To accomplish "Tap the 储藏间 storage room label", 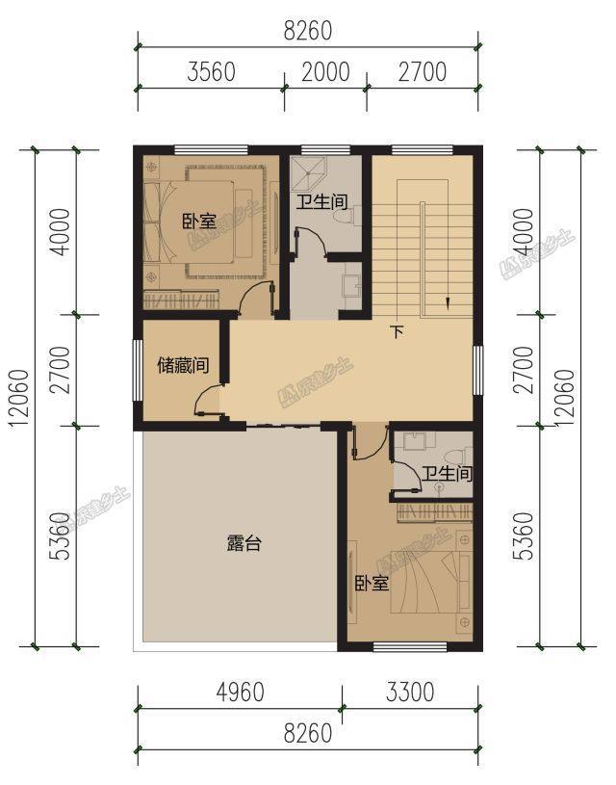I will (x=183, y=365).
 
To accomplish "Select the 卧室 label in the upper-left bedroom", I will (x=198, y=221).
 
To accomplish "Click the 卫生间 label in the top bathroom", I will (x=321, y=202).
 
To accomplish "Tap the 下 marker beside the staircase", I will (x=396, y=332).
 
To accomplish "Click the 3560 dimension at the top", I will (x=211, y=72).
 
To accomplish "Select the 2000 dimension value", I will (x=324, y=72).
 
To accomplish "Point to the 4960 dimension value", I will (x=238, y=692).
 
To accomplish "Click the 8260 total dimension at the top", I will (x=307, y=31).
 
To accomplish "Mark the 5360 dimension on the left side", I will (x=61, y=536).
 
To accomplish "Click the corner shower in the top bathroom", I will (x=309, y=173).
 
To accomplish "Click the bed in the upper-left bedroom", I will (x=192, y=222).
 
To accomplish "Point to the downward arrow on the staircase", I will (x=448, y=301).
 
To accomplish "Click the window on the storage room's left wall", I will (x=137, y=371).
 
